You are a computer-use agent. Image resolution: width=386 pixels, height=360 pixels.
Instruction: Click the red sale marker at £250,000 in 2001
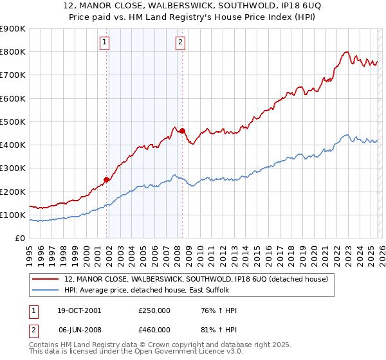pos(107,179)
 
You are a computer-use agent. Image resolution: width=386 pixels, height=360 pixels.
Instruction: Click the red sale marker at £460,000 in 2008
pos(182,130)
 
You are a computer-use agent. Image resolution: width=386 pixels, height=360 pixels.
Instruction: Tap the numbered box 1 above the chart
pos(104,43)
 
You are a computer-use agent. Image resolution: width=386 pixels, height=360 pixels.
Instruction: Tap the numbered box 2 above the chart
pos(180,43)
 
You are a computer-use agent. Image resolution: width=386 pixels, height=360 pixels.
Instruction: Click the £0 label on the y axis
pos(19,238)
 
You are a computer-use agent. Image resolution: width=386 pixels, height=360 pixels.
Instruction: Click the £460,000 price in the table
pos(154,330)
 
